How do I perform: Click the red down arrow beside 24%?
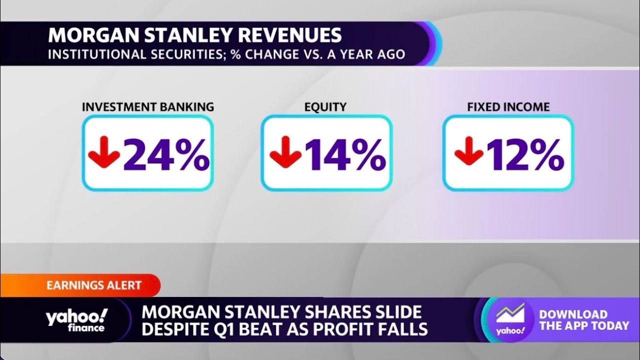[x=104, y=152]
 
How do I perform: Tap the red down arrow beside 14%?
[x=285, y=152]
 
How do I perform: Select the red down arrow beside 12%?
[x=468, y=152]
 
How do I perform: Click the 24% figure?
[x=166, y=154]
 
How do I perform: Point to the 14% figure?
[x=345, y=154]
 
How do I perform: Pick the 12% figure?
[x=525, y=154]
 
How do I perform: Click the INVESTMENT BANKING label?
[x=147, y=107]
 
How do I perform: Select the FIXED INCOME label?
[x=508, y=107]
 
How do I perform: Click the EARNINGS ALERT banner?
[x=93, y=285]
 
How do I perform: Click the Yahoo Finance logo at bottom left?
[x=76, y=320]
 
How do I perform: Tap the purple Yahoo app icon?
[x=510, y=319]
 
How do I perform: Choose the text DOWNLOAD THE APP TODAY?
[x=583, y=320]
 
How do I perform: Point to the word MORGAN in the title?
[x=86, y=35]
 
